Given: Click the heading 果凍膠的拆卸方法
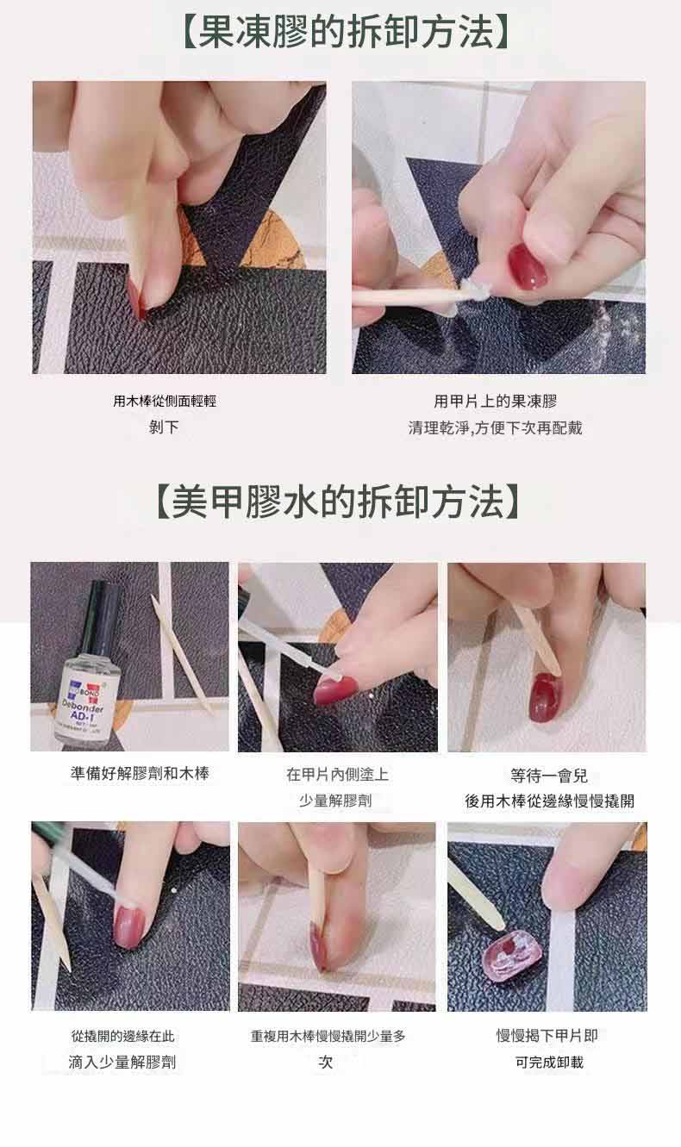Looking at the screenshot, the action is click(347, 32).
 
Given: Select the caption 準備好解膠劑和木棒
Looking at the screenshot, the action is click(140, 774).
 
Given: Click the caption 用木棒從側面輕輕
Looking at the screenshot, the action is click(165, 401).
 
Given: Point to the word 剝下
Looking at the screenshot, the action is click(164, 427).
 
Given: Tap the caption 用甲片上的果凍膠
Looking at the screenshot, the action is click(495, 402).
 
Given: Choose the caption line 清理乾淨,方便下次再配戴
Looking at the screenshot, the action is click(495, 427).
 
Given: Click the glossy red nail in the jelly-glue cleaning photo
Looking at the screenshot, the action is click(528, 266).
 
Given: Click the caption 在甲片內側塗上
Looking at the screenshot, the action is click(337, 774).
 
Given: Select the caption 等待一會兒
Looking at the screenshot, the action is click(548, 776).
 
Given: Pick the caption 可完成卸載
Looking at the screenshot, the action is click(549, 1062).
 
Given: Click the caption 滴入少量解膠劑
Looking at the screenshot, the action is click(122, 1062).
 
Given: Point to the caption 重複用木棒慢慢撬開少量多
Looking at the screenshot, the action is click(328, 1037).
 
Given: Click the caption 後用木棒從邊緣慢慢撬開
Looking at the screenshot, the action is click(549, 801).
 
